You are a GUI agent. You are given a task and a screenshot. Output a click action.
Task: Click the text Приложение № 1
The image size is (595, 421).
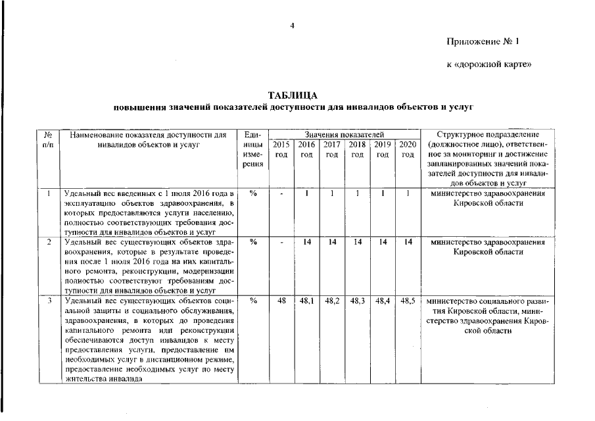[483, 41]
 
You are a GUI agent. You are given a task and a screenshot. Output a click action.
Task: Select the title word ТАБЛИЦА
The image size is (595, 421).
[293, 96]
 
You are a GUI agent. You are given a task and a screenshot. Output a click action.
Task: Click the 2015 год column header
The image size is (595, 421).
[281, 149]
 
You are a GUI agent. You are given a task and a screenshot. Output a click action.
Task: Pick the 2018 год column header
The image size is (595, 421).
[357, 149]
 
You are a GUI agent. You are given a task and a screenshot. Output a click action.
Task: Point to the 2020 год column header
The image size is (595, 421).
[408, 149]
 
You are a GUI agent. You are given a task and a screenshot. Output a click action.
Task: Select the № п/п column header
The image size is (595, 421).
[48, 139]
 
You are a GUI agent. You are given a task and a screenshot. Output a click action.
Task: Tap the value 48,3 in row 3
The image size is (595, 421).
[357, 301]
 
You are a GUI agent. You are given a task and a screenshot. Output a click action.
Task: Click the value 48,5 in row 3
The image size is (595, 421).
[408, 301]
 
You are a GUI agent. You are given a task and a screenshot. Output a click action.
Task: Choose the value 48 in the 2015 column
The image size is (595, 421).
[281, 301]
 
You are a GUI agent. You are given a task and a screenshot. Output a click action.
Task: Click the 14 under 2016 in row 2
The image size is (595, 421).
[306, 242]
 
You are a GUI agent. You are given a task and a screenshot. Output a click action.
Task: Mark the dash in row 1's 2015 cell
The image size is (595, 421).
[281, 193]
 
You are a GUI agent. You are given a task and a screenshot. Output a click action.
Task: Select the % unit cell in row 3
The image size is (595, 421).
[253, 301]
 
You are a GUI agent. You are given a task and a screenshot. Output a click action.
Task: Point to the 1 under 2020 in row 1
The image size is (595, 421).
[408, 193]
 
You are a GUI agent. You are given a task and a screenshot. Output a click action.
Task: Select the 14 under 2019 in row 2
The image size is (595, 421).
[383, 242]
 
